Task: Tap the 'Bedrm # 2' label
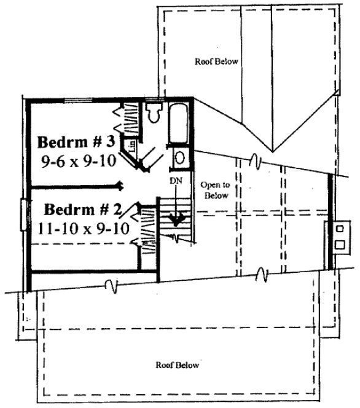coord(81,208)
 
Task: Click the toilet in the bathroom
coord(154,112)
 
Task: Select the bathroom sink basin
coord(180,157)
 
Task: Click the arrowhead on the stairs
coord(177,219)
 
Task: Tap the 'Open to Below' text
coord(214,190)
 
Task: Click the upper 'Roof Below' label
coord(216,61)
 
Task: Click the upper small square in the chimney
coord(338,229)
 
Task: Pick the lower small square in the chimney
coord(338,244)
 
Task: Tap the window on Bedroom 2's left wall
coord(25,215)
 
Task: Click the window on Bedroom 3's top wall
coord(78,99)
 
